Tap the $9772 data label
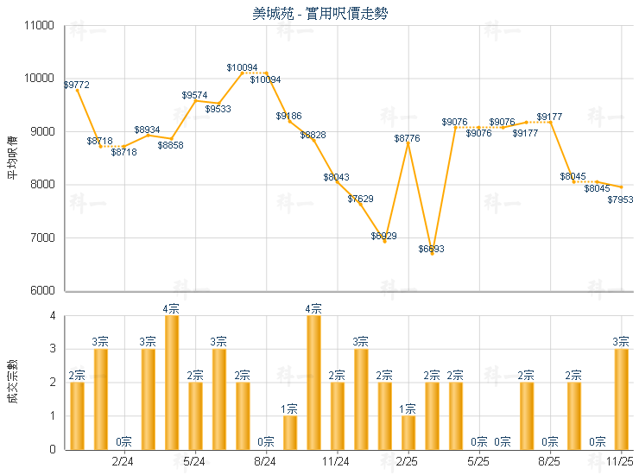click(x=76, y=85)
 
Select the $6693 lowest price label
click(x=432, y=249)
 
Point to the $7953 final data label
click(x=620, y=199)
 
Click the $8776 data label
click(x=408, y=138)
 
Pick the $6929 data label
click(x=384, y=236)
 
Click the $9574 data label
click(x=195, y=95)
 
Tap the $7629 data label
click(x=361, y=199)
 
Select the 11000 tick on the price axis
click(x=41, y=26)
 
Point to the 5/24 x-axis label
click(x=195, y=462)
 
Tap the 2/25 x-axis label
click(x=408, y=462)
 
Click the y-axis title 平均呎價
click(x=12, y=157)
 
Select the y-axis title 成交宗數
click(x=12, y=382)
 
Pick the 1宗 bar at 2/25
click(x=408, y=432)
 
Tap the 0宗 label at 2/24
click(x=124, y=442)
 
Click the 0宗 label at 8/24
click(x=266, y=442)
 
